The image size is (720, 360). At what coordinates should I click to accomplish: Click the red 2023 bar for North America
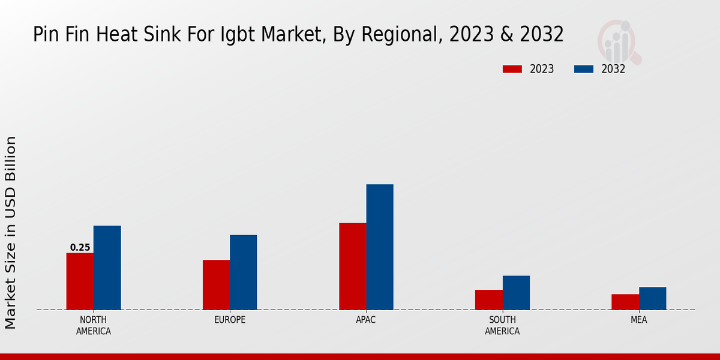tap(80, 281)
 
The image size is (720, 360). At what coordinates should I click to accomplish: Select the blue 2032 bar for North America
tap(107, 268)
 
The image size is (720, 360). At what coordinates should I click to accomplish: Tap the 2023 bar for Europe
tap(216, 285)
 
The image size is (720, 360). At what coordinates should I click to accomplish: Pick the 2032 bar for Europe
tap(243, 272)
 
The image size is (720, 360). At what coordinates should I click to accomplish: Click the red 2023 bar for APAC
tap(352, 266)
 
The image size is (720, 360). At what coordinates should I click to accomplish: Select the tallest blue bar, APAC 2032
tap(380, 247)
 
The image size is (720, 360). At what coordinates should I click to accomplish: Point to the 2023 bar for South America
tap(488, 300)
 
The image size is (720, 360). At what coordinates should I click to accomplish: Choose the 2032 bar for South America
tap(516, 293)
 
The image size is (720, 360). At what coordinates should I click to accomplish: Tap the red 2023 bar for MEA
tap(625, 302)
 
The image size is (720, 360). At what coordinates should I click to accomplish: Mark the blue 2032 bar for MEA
tap(652, 298)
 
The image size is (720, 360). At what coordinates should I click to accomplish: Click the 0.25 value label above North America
tap(80, 247)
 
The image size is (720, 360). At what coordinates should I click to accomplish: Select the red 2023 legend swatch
tap(512, 69)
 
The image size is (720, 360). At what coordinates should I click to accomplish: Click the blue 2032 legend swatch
tap(584, 69)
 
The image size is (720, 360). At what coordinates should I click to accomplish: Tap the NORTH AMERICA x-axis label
tap(94, 325)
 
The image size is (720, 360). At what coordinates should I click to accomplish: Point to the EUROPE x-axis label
tap(230, 320)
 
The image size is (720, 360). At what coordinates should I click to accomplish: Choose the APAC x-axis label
tap(366, 320)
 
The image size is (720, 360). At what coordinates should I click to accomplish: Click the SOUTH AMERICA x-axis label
tap(502, 325)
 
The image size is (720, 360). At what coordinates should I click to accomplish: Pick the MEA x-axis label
tap(638, 320)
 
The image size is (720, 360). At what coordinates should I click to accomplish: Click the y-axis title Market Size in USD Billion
tap(11, 233)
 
